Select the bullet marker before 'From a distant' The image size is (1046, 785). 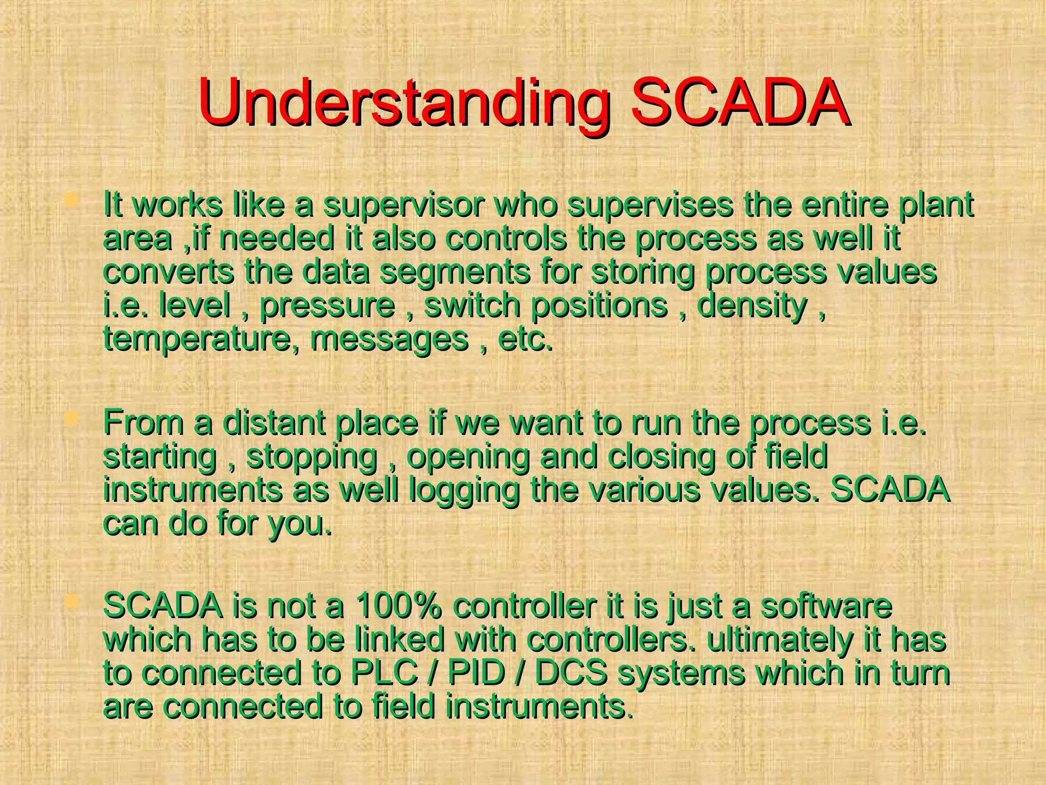(71, 420)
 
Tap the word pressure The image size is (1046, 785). (327, 306)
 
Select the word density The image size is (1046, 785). (752, 306)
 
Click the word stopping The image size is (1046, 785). (312, 456)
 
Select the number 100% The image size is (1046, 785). (398, 606)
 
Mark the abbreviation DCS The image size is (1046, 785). (570, 673)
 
